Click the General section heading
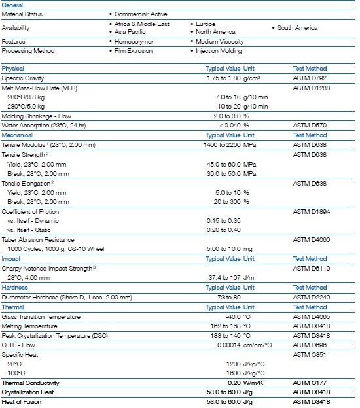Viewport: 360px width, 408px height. coord(12,5)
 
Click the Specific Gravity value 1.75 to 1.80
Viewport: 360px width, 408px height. coord(223,78)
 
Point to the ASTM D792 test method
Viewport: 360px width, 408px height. coord(310,78)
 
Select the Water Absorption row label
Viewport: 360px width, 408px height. coord(43,126)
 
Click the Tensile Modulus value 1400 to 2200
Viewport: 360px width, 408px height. coord(222,145)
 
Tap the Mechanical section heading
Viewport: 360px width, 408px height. coord(17,135)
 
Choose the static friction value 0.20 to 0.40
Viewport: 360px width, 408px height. coord(223,230)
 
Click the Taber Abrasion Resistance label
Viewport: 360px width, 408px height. coord(38,240)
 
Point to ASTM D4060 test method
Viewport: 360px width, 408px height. coord(312,240)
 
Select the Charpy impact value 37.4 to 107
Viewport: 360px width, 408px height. coord(225,278)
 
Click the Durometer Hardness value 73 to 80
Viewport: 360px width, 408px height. coord(229,297)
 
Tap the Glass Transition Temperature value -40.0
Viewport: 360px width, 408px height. coord(233,316)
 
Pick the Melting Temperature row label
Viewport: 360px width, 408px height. coord(29,326)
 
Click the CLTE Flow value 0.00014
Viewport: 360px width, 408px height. coord(229,345)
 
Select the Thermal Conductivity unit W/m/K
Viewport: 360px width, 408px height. coord(253,383)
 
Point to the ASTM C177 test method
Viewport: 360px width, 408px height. coord(310,383)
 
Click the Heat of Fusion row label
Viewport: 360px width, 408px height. coord(22,402)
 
